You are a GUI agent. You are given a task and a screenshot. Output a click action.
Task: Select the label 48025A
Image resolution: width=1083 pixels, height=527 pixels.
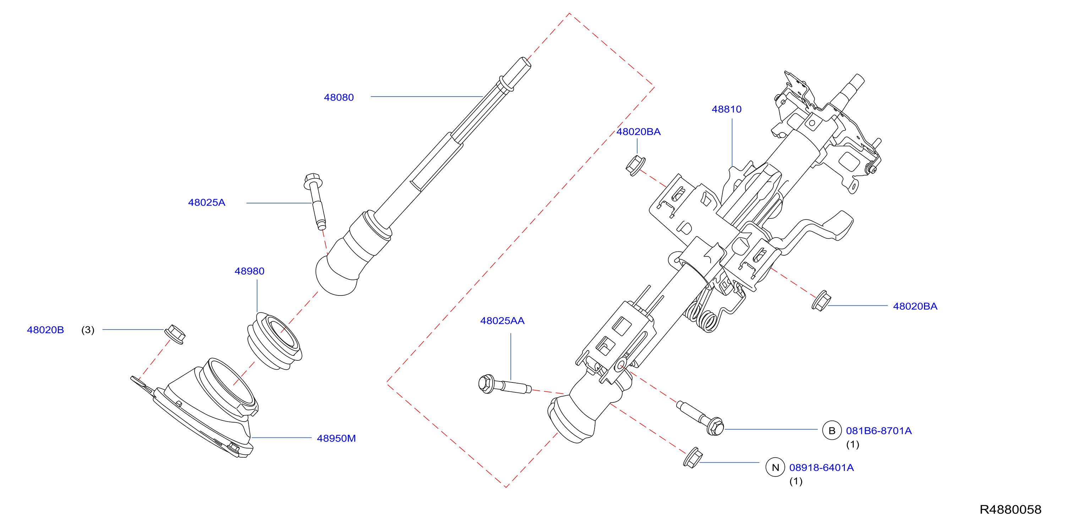click(207, 202)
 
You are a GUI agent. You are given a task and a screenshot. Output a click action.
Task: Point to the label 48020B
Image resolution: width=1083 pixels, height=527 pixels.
click(45, 330)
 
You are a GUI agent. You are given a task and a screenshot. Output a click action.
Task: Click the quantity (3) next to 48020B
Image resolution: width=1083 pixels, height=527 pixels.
click(88, 330)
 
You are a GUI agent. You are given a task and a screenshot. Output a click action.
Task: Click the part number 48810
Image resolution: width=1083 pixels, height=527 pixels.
click(727, 109)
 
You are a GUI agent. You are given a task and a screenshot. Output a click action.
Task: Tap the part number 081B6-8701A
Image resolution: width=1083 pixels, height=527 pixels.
click(879, 431)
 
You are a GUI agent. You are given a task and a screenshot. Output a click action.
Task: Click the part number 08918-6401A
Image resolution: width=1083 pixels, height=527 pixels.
click(821, 467)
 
